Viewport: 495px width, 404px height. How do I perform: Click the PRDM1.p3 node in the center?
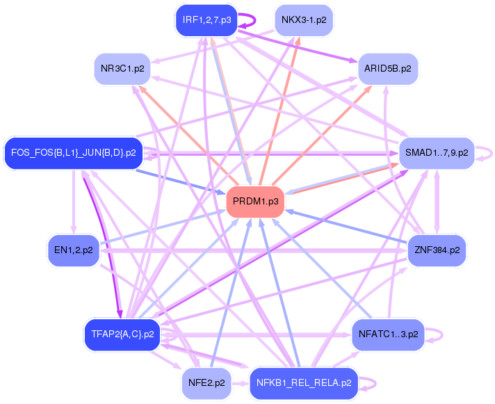tap(255, 202)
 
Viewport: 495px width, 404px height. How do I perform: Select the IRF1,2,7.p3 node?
tap(207, 20)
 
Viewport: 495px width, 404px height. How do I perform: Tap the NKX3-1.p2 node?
tap(304, 20)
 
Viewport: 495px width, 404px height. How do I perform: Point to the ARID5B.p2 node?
tap(387, 70)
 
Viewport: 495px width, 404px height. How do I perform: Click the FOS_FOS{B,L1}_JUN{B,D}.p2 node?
tap(74, 152)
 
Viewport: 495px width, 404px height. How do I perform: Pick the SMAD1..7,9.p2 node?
tap(436, 152)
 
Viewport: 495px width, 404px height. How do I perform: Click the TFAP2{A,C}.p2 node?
tap(122, 334)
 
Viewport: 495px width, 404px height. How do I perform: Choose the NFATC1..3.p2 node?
tap(388, 334)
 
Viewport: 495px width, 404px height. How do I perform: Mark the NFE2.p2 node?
tap(206, 382)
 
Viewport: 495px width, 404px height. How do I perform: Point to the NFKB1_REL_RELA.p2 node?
tap(304, 382)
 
